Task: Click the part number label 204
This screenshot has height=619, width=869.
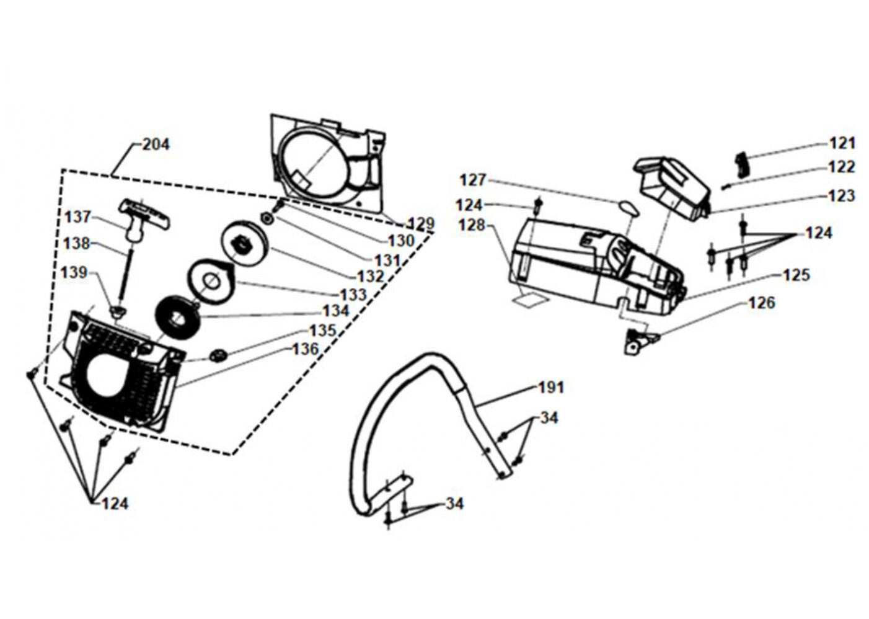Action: (x=156, y=145)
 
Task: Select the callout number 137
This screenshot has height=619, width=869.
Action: (x=78, y=217)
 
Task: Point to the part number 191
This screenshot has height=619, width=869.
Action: (x=551, y=387)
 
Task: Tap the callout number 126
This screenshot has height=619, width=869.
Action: (x=762, y=303)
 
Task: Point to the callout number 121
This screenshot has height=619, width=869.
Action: (x=842, y=144)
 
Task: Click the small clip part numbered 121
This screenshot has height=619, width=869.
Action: (x=742, y=164)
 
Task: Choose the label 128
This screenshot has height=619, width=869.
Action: (x=472, y=225)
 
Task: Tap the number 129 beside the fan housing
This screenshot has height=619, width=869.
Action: (x=421, y=223)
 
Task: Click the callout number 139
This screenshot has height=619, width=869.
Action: (x=74, y=273)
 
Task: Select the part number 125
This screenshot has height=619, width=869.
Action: (x=796, y=275)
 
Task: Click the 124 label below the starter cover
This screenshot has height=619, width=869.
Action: (x=115, y=504)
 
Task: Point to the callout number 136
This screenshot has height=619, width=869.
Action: (x=306, y=349)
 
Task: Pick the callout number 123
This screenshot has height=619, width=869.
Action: (x=841, y=195)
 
